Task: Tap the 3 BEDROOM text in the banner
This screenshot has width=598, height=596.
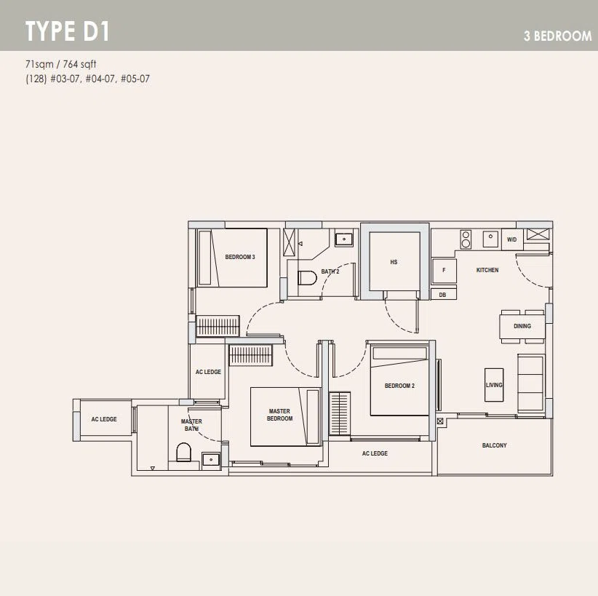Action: pos(557,36)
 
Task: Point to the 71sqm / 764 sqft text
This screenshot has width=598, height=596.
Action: pos(61,64)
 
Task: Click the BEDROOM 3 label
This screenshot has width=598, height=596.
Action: pos(240,257)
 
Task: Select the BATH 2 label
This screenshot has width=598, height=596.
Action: pos(330,271)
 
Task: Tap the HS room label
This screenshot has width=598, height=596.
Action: pos(394,262)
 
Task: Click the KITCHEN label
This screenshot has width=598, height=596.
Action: pos(487,270)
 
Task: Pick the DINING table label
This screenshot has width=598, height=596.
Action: pos(522,326)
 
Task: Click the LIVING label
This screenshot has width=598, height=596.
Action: pos(494,385)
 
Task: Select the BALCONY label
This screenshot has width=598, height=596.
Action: pos(494,445)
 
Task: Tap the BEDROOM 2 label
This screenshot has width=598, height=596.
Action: pos(399,386)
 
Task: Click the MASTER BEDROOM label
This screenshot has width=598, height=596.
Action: pos(279,415)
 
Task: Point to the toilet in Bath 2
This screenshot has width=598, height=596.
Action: pos(307,278)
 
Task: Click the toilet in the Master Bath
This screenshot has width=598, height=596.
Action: pos(183,452)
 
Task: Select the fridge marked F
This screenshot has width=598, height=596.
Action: pos(444,271)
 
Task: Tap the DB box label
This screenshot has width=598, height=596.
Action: pos(442,295)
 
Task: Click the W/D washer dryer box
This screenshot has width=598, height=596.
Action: pos(512,239)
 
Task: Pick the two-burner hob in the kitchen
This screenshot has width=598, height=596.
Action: pos(466,239)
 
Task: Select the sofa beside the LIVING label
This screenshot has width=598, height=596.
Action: pos(530,383)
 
